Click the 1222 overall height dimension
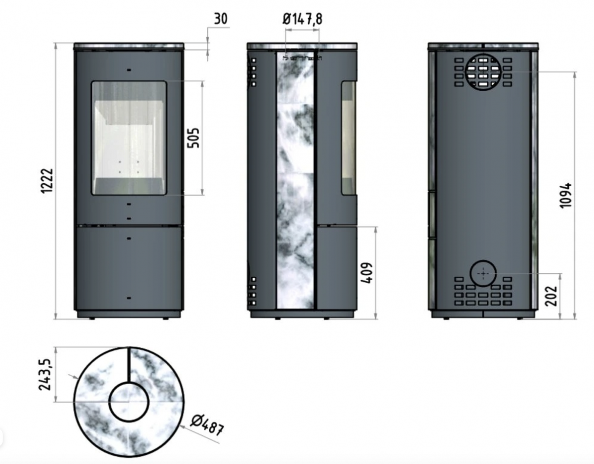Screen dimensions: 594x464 [47, 181]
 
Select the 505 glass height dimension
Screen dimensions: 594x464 [193, 138]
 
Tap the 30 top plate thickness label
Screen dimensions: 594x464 [220, 19]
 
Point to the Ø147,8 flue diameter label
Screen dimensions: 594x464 [302, 19]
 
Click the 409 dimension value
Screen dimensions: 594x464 [366, 273]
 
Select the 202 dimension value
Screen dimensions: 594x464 [551, 296]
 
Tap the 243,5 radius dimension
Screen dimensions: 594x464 [45, 375]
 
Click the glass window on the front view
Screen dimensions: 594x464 [128, 138]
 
